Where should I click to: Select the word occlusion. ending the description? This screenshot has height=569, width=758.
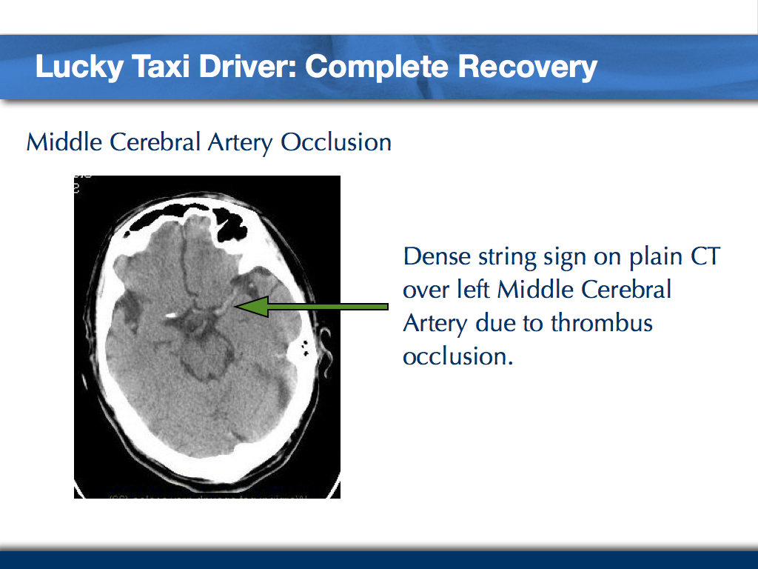(457, 356)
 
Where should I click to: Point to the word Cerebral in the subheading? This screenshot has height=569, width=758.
(156, 141)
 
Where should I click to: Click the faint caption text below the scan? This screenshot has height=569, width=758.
(207, 493)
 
